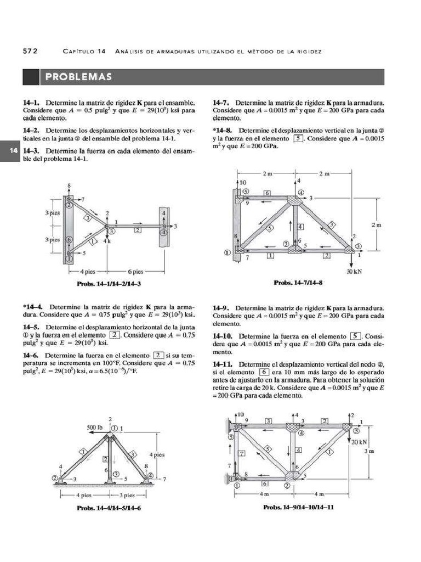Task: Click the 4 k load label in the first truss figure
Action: pyautogui.click(x=107, y=240)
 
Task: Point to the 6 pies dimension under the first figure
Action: pyautogui.click(x=135, y=271)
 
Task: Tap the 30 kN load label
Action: pyautogui.click(x=354, y=271)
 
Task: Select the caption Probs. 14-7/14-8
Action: pyautogui.click(x=298, y=283)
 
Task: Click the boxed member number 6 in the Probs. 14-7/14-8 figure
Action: pyautogui.click(x=267, y=193)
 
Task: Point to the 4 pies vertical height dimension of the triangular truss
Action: pyautogui.click(x=157, y=454)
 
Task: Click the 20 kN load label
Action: pyautogui.click(x=359, y=442)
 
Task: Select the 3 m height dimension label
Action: pyautogui.click(x=369, y=451)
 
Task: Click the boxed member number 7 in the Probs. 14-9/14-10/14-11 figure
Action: pyautogui.click(x=241, y=453)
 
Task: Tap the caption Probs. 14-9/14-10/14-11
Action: pyautogui.click(x=299, y=507)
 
